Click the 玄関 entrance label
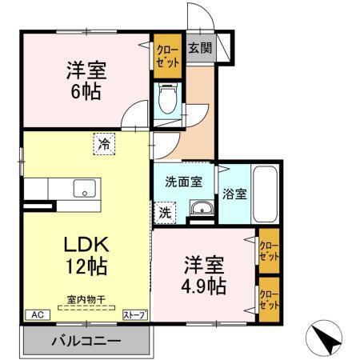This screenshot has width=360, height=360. pos(200,48)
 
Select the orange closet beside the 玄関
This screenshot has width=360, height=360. pos(167,56)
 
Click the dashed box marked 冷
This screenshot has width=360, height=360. pos(103,144)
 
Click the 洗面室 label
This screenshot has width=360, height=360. pos(183,180)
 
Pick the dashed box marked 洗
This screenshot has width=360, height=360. pos(164,214)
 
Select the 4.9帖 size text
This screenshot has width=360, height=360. pos(207,285)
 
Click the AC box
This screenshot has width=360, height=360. pos(37,315)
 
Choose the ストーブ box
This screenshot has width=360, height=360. pos(134,315)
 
